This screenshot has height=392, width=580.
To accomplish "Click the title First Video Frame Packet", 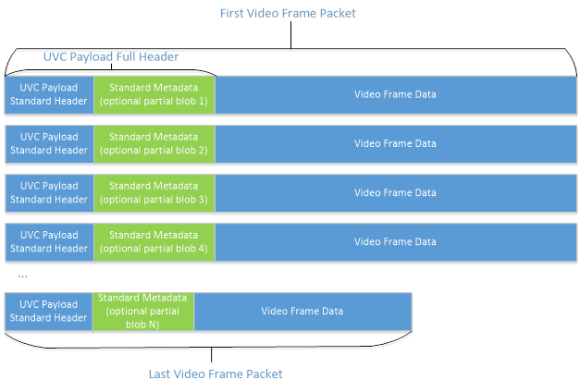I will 288,13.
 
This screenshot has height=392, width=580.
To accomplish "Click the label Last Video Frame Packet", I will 216,374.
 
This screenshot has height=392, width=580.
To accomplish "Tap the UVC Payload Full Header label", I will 111,57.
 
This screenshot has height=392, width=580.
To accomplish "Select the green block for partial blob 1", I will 154,94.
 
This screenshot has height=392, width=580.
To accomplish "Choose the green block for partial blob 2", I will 154,143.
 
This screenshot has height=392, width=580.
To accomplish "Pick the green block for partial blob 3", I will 154,192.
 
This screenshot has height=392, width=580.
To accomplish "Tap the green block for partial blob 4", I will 154,241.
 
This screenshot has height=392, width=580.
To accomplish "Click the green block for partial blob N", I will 142,311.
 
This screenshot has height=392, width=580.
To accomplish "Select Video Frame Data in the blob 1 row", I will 395,94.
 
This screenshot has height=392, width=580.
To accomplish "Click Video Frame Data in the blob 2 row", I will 395,143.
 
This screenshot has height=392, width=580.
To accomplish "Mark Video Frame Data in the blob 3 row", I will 395,192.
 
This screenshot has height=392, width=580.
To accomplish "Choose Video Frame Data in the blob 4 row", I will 395,241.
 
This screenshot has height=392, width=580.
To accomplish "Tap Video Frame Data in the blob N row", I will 302,311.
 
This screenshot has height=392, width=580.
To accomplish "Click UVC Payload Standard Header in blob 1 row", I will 49,94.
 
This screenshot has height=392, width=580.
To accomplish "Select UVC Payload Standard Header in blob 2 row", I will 49,143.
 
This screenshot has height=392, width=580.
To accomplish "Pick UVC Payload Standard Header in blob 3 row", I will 49,192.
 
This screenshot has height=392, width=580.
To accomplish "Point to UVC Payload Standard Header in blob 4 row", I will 49,241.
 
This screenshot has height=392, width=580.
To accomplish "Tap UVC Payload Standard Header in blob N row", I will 49,311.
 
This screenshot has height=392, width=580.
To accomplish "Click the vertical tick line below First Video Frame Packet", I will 291,35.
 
